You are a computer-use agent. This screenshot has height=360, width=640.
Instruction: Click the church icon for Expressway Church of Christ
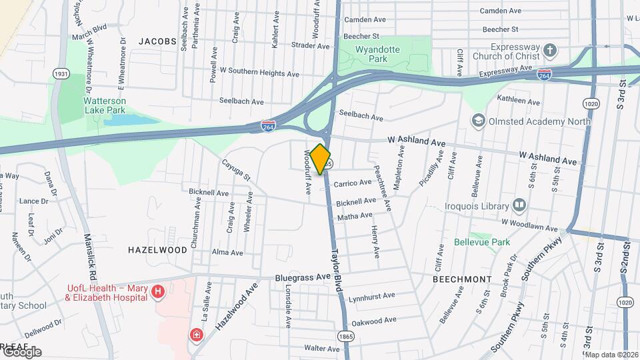pyautogui.click(x=549, y=51)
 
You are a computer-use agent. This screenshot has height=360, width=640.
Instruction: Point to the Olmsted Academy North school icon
pyautogui.click(x=477, y=120)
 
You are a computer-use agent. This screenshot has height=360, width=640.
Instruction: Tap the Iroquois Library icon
pyautogui.click(x=519, y=204)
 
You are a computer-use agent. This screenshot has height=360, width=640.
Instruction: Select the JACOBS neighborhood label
pyautogui.click(x=157, y=41)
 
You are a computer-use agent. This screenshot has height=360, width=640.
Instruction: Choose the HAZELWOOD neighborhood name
pyautogui.click(x=158, y=250)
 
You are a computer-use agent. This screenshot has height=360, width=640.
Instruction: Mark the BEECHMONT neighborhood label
pyautogui.click(x=462, y=279)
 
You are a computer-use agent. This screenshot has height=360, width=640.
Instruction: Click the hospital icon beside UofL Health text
pyautogui.click(x=158, y=291)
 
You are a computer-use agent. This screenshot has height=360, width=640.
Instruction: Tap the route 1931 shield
pyautogui.click(x=61, y=74)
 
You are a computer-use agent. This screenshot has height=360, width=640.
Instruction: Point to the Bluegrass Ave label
pyautogui.click(x=303, y=277)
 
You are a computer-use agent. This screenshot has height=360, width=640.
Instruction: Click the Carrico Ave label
pyautogui.click(x=353, y=183)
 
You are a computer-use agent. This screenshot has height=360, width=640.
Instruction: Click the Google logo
pyautogui.click(x=21, y=352)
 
